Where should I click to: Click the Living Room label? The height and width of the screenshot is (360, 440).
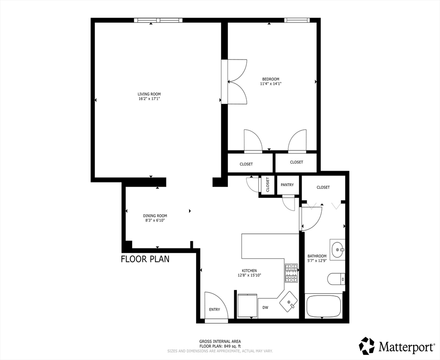149,94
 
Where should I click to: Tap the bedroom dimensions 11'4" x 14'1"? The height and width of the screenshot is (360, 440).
271,84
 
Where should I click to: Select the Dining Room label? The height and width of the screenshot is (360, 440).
155,216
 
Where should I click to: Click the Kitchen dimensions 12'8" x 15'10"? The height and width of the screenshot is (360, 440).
249,276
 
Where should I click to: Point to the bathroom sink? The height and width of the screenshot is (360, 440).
337,250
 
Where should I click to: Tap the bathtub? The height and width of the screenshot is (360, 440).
324,306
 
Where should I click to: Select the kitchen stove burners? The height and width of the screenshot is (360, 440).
291,273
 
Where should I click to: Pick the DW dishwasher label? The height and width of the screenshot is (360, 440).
265,307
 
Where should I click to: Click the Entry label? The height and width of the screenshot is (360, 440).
214,309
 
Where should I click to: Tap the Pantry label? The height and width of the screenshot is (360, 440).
287,185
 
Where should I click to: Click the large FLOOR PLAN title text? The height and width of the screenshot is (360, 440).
145,259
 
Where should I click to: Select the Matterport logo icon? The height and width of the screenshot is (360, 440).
367,346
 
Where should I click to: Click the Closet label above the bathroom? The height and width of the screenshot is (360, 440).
323,187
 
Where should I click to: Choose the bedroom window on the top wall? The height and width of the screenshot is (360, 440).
297,20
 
